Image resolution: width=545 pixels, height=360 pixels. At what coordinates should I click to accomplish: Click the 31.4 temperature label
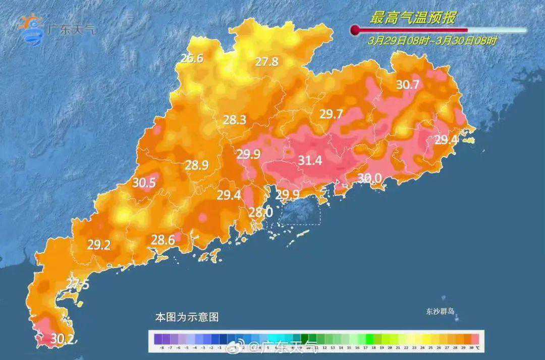pyautogui.click(x=310, y=161)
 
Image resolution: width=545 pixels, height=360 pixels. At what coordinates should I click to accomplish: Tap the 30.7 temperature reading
pyautogui.click(x=407, y=85)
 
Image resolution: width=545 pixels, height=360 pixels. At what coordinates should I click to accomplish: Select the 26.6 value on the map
pyautogui.click(x=192, y=58)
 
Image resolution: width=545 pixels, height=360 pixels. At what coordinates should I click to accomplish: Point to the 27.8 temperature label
pyautogui.click(x=266, y=62)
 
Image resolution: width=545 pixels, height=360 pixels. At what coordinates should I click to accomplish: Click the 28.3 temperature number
pyautogui.click(x=235, y=120)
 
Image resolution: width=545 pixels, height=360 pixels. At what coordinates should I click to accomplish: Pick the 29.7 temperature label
pyautogui.click(x=331, y=114)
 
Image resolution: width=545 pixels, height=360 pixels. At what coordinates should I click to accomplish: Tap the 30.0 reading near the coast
pyautogui.click(x=369, y=178)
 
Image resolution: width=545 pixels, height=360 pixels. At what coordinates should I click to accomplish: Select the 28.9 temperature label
pyautogui.click(x=197, y=165)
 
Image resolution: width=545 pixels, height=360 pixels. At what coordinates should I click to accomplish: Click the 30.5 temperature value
pyautogui.click(x=144, y=183)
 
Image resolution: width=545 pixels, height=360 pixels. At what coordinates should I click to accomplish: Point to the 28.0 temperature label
pyautogui.click(x=261, y=213)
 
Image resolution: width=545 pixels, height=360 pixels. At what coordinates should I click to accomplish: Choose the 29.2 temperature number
pyautogui.click(x=99, y=245)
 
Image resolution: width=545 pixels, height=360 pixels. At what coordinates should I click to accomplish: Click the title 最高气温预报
pyautogui.click(x=413, y=18)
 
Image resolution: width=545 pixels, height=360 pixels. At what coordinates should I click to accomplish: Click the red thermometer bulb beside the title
pyautogui.click(x=355, y=30)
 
